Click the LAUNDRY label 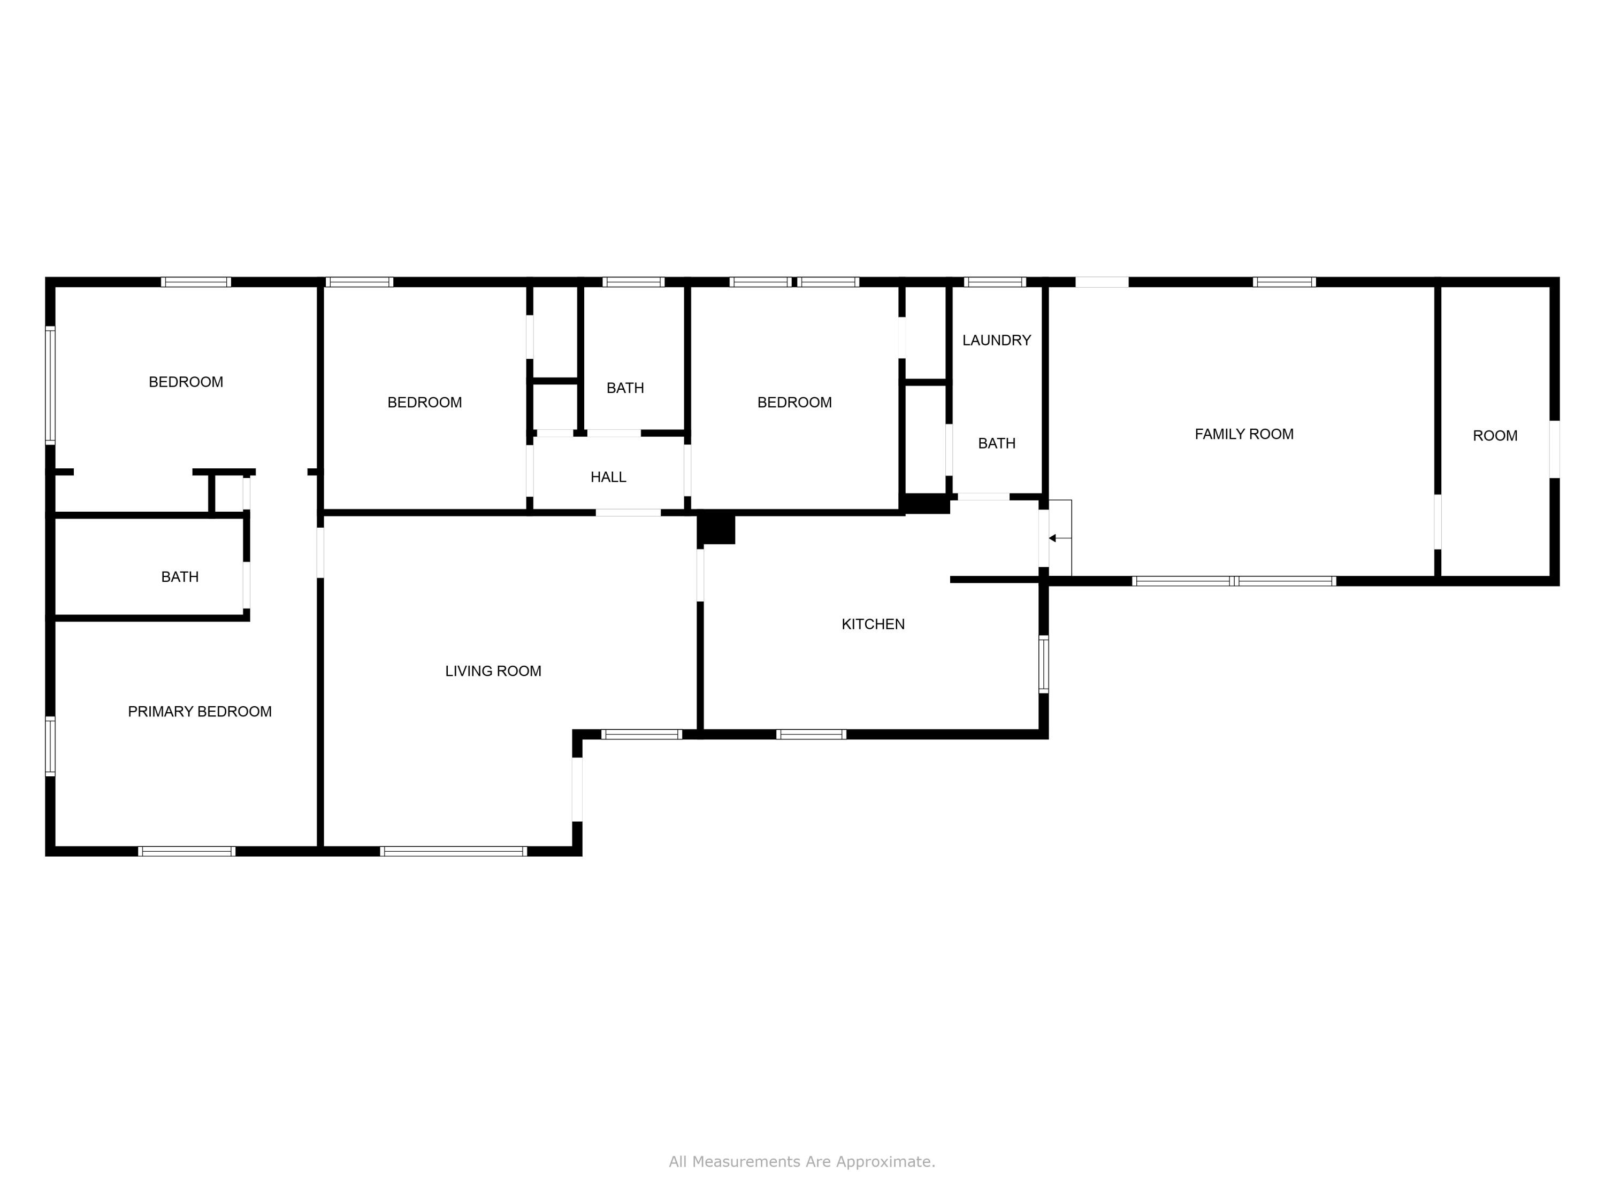[996, 340]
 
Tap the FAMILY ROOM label [1244, 434]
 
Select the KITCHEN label [873, 623]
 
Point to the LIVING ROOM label [493, 671]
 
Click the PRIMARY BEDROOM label [200, 711]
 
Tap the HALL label [608, 476]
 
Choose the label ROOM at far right [1495, 435]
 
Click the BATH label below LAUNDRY [996, 443]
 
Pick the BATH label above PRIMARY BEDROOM [179, 576]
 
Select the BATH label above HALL [625, 388]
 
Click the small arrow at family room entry [1053, 538]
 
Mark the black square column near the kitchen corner [717, 528]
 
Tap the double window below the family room [1234, 581]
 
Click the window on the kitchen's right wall [1043, 664]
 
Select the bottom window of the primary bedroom [187, 851]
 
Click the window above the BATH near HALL [633, 282]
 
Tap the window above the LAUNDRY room [994, 282]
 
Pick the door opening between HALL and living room [629, 513]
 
